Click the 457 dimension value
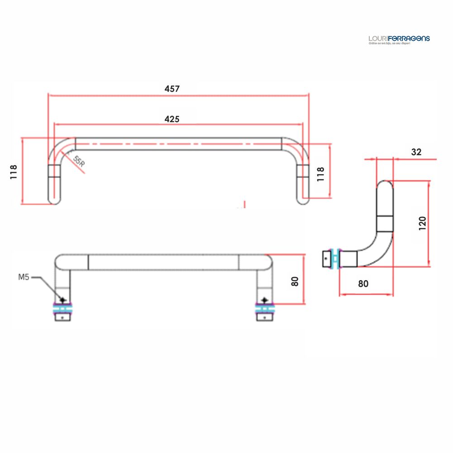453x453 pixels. pyautogui.click(x=172, y=89)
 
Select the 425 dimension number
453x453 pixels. pyautogui.click(x=172, y=119)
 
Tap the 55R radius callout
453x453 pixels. pyautogui.click(x=79, y=162)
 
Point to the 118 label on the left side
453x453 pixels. pyautogui.click(x=14, y=172)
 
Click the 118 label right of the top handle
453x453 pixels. pyautogui.click(x=320, y=174)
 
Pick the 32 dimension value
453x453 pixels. pyautogui.click(x=416, y=152)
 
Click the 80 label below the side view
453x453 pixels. pyautogui.click(x=363, y=284)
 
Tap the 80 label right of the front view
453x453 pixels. pyautogui.click(x=295, y=281)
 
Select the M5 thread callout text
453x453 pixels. pyautogui.click(x=24, y=277)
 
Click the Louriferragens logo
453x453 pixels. pyautogui.click(x=399, y=39)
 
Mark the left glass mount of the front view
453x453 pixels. pyautogui.click(x=63, y=309)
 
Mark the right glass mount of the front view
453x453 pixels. pyautogui.click(x=264, y=309)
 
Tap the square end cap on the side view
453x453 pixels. pyautogui.click(x=327, y=258)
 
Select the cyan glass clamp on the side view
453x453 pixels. pyautogui.click(x=335, y=258)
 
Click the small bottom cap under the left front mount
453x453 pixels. pyautogui.click(x=63, y=318)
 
